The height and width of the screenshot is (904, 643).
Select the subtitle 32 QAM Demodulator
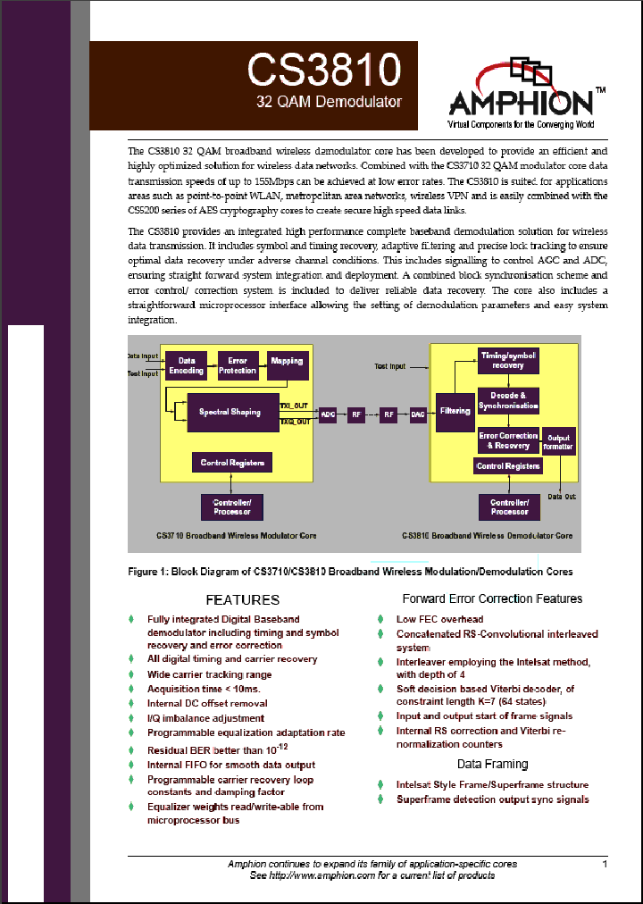[x=329, y=102]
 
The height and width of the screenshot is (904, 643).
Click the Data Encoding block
[x=187, y=365]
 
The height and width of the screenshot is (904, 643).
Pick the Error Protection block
[x=238, y=365]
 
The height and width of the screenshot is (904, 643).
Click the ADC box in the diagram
[x=328, y=414]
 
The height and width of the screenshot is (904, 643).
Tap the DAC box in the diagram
[x=418, y=414]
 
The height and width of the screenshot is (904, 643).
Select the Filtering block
[x=455, y=412]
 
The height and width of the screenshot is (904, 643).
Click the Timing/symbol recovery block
[x=507, y=360]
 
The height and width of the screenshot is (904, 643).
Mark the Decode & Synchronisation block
[x=508, y=400]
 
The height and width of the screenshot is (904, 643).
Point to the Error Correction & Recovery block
[x=508, y=440]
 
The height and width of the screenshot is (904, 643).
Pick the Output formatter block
[x=559, y=441]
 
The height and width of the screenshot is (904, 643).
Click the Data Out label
[x=562, y=497]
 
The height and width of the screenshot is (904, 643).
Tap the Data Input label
[x=143, y=356]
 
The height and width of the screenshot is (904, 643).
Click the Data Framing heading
[x=492, y=765]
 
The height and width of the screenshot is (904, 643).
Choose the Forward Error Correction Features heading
[x=492, y=598]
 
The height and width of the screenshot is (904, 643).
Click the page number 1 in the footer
[x=605, y=864]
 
